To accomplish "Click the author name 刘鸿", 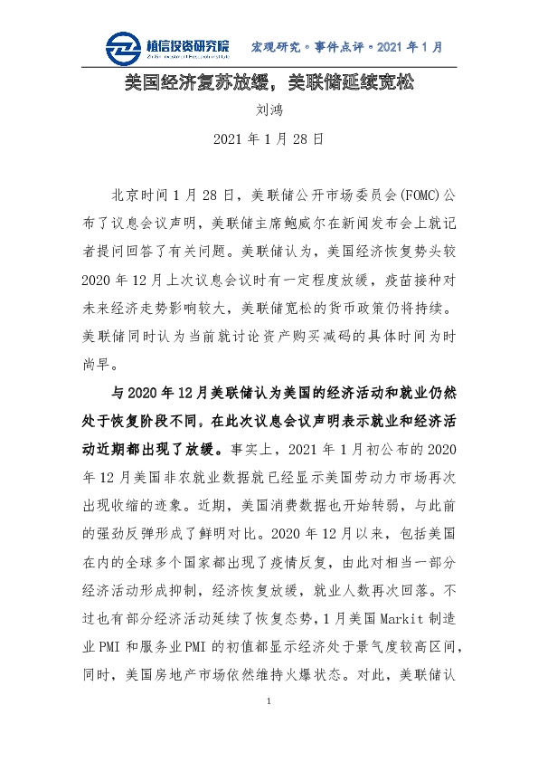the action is (x=268, y=112).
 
